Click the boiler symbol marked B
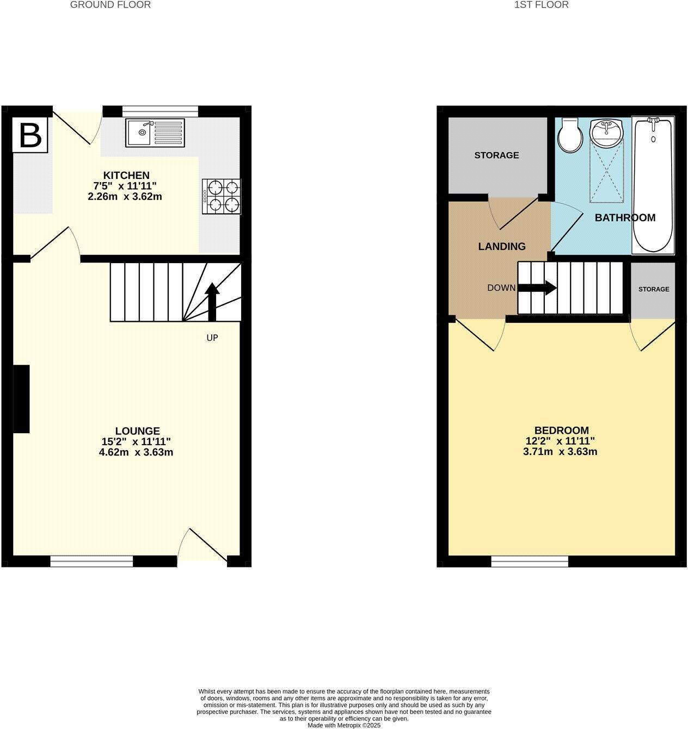(x=30, y=135)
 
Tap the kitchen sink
(x=155, y=133)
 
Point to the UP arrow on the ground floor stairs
(x=212, y=302)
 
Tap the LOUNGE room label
(x=137, y=431)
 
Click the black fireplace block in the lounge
(x=21, y=399)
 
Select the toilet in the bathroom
(x=569, y=136)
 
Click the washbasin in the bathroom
(x=605, y=132)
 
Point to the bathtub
(x=653, y=185)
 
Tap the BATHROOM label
(x=624, y=218)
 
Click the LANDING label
(x=501, y=246)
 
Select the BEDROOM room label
(x=561, y=431)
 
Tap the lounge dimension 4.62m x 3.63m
(x=136, y=452)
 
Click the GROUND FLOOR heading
(x=110, y=5)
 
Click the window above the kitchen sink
(x=160, y=111)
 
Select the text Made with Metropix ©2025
(x=344, y=725)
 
